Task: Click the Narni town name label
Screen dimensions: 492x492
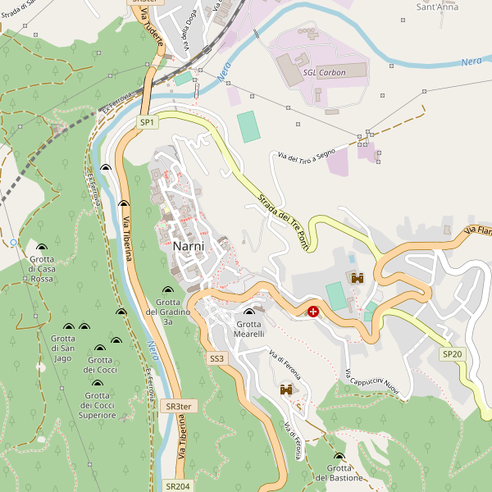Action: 194,246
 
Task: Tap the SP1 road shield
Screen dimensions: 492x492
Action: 147,122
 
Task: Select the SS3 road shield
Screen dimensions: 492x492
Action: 216,358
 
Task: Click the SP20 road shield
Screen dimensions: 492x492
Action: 453,354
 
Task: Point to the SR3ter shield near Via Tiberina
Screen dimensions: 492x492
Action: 178,406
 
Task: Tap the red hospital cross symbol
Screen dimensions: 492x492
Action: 313,311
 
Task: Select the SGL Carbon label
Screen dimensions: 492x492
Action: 324,72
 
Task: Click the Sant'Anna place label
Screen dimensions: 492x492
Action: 437,7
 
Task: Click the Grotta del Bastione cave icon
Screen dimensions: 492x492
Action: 339,457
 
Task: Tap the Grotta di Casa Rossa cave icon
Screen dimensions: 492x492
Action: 42,247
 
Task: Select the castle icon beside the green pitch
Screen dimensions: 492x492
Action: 357,279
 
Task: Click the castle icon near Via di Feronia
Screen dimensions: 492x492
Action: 287,390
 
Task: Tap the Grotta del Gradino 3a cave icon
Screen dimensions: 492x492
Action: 168,290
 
